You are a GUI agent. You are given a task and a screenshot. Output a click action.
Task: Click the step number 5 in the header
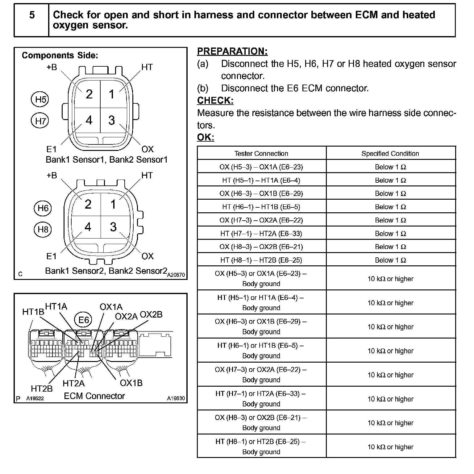point(32,15)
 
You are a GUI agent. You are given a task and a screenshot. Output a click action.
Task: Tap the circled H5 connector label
point(40,99)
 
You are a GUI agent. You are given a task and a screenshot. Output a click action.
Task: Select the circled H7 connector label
point(40,121)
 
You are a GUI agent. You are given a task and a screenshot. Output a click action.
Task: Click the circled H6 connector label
point(43,208)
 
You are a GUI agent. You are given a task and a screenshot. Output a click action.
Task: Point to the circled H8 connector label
point(43,230)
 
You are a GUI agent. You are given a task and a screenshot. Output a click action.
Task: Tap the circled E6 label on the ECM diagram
point(83,320)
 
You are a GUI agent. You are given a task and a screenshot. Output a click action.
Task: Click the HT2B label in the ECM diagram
point(42,389)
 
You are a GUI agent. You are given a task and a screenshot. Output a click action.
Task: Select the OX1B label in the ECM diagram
point(131,383)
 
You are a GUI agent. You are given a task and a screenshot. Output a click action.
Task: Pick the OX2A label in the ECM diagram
point(126,317)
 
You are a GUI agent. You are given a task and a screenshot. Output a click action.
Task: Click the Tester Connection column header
point(261,153)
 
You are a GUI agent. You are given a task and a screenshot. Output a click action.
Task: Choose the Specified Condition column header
point(390,153)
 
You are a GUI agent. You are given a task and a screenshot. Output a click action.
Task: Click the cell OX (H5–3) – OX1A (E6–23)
point(261,167)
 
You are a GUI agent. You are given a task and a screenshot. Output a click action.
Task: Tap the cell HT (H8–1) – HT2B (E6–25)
point(261,260)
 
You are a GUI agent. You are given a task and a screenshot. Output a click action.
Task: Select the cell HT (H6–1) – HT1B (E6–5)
point(261,207)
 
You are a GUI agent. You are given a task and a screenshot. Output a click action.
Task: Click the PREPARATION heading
point(232,51)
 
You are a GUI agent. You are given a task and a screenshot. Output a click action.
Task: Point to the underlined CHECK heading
point(215,101)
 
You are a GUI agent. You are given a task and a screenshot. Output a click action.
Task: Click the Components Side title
point(60,56)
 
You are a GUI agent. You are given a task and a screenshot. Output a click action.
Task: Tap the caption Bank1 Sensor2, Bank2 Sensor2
point(106,271)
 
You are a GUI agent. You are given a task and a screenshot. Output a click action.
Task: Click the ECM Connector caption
point(94,396)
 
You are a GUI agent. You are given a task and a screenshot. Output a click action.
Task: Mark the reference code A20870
point(176,275)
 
